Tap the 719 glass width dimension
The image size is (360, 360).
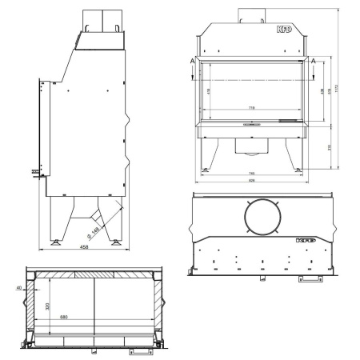tap(252, 107)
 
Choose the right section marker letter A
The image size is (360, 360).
tap(314, 61)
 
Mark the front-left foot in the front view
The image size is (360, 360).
tap(206, 169)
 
